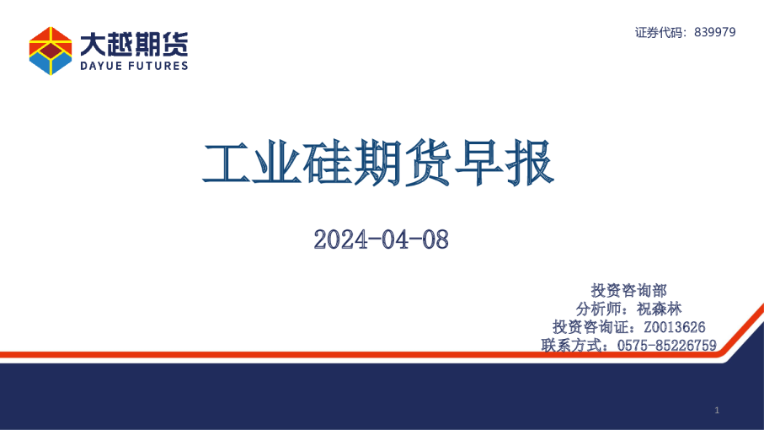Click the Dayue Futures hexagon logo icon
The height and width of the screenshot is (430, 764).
pyautogui.click(x=51, y=51)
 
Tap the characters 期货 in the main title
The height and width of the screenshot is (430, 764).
pyautogui.click(x=417, y=165)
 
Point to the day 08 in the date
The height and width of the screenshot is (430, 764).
pyautogui.click(x=434, y=239)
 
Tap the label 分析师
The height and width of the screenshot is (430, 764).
pyautogui.click(x=599, y=309)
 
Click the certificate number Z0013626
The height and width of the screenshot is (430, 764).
pyautogui.click(x=674, y=327)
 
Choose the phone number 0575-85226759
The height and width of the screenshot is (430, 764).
pyautogui.click(x=666, y=345)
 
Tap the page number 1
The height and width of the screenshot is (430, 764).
pyautogui.click(x=716, y=410)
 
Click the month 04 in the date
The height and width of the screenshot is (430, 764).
pyautogui.click(x=390, y=239)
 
